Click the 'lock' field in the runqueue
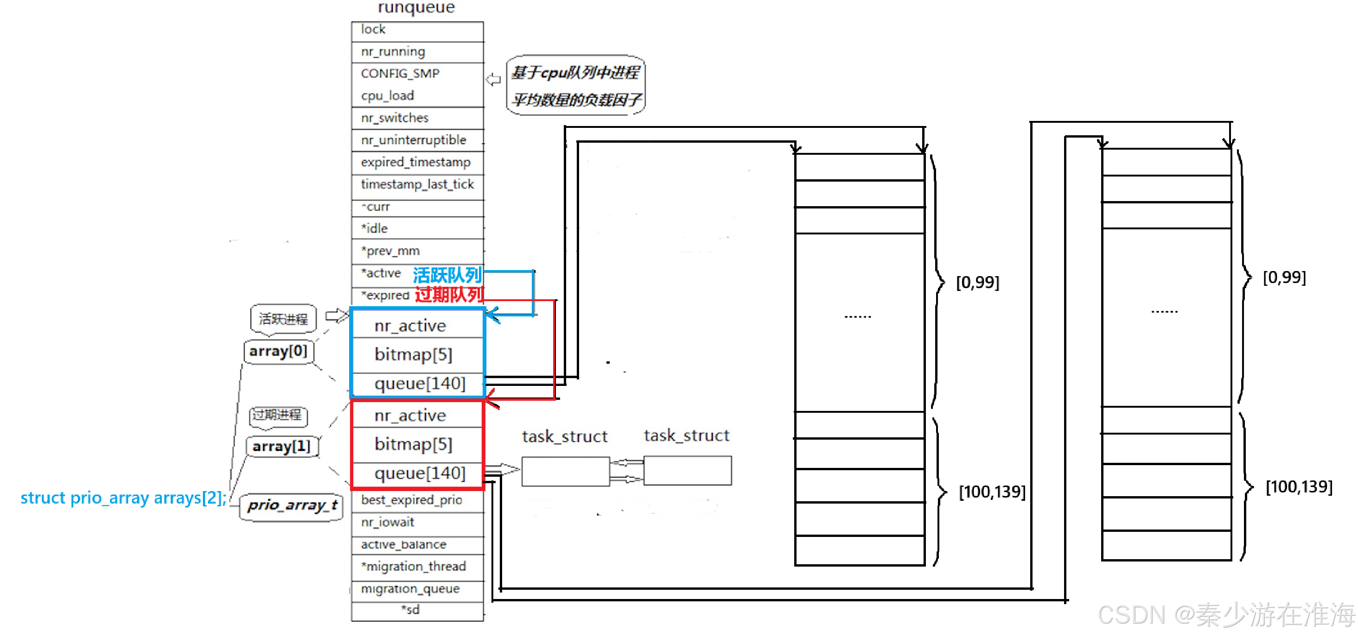(x=416, y=30)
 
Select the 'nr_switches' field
(x=416, y=118)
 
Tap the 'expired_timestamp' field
(x=416, y=162)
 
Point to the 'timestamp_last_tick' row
(x=416, y=184)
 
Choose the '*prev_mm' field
(x=416, y=251)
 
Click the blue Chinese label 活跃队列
(x=447, y=275)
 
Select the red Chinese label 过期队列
(x=449, y=295)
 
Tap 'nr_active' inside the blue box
(x=410, y=326)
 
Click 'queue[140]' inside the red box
(x=420, y=473)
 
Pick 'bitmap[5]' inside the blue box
(x=413, y=354)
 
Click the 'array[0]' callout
(x=278, y=352)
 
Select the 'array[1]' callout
(x=281, y=447)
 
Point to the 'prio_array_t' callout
(x=292, y=506)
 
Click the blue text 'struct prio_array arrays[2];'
(x=123, y=498)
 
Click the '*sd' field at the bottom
(x=411, y=610)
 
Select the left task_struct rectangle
(x=565, y=471)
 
